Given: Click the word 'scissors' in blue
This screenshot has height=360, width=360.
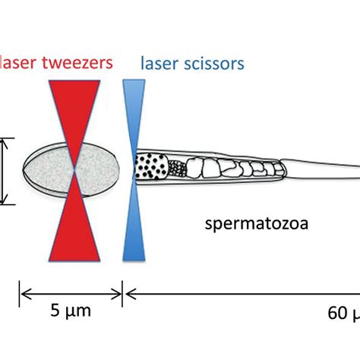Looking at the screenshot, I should pos(213,62).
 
